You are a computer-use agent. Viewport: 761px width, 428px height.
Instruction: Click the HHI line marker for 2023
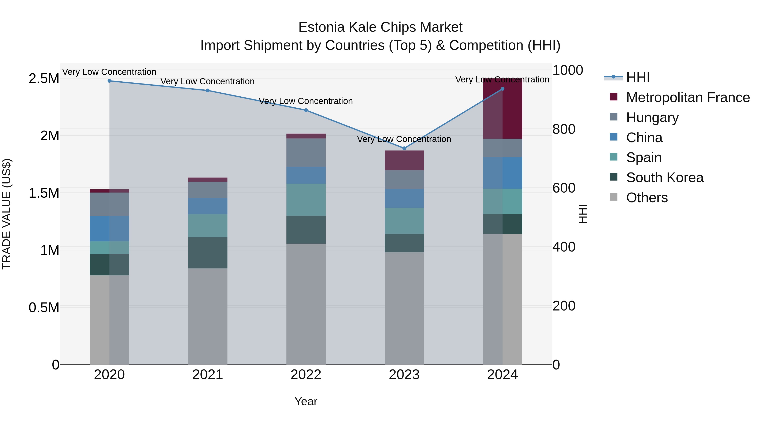tap(404, 148)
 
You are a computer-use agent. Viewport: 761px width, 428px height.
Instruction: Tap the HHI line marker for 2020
tap(109, 81)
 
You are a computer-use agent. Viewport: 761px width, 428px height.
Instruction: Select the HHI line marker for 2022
tap(306, 110)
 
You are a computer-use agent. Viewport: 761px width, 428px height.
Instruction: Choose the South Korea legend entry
tap(665, 178)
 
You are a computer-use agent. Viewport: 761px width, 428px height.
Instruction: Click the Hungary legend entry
tap(652, 118)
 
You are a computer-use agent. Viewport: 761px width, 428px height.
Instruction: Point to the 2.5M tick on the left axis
tap(44, 79)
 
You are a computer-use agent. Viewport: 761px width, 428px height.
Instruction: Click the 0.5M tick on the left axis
tap(44, 308)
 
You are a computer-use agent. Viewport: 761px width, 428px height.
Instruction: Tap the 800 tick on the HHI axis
tap(564, 129)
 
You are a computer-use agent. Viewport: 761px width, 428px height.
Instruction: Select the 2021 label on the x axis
tap(207, 375)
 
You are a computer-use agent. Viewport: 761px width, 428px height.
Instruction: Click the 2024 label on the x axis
tap(502, 375)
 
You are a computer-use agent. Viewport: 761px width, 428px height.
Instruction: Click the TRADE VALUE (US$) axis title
tap(7, 214)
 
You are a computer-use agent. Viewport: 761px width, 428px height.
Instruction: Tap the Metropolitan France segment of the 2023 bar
tap(404, 160)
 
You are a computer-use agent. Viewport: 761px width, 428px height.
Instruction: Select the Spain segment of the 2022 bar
tap(306, 200)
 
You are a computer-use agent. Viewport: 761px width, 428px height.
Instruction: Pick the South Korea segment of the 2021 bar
tap(207, 253)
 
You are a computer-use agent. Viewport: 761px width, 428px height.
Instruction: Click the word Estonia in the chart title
tap(321, 27)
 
